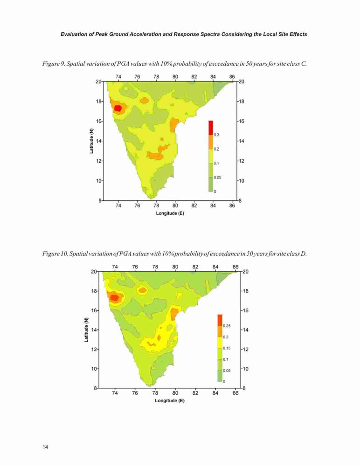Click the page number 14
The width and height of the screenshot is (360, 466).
[45, 447]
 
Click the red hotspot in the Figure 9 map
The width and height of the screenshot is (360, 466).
[118, 108]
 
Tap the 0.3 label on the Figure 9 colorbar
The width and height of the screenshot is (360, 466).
[216, 135]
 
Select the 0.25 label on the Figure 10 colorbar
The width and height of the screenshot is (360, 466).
[227, 326]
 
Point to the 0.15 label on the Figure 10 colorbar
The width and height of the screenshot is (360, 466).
[227, 348]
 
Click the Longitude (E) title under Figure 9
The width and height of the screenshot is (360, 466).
[170, 213]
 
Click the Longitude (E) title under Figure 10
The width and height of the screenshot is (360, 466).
[170, 400]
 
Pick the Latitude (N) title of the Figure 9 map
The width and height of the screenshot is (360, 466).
[91, 141]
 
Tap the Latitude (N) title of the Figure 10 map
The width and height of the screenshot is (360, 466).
[86, 329]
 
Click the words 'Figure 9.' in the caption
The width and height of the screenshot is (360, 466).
[53, 63]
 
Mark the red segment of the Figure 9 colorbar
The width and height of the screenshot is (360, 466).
[211, 128]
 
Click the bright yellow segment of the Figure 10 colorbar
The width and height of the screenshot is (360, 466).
[220, 343]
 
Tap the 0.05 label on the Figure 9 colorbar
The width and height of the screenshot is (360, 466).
[217, 178]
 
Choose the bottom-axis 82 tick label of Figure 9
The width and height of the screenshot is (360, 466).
[194, 205]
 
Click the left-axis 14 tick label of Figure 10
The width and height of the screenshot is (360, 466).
[94, 330]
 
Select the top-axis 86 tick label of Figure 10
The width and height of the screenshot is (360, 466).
[235, 267]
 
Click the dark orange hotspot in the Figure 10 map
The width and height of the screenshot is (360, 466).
[114, 297]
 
